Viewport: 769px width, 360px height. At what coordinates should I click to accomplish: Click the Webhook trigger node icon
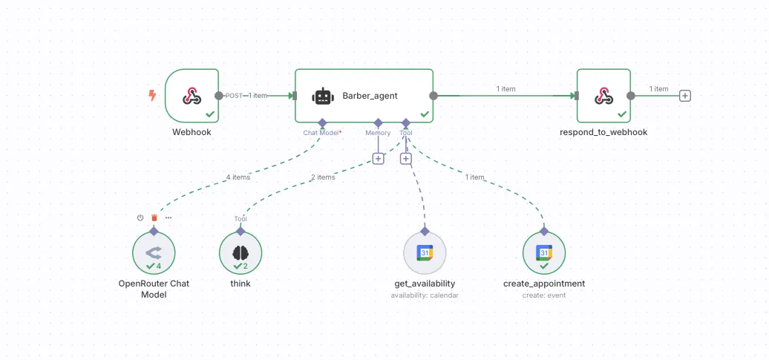point(192,96)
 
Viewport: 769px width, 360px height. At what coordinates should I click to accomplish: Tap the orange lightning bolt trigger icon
point(152,95)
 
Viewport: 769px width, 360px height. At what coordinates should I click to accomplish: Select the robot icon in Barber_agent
point(321,96)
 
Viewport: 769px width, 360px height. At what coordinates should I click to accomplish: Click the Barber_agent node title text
point(370,96)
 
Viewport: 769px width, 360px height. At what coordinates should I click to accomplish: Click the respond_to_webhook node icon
point(603,96)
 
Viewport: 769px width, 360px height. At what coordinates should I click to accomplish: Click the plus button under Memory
point(378,158)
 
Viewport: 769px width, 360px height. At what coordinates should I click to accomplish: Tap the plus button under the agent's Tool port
point(405,158)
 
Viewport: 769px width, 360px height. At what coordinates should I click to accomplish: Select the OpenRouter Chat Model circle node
point(154,253)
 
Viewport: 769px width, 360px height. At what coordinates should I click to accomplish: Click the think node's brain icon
point(240,252)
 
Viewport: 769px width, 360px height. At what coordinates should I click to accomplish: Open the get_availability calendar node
point(425,253)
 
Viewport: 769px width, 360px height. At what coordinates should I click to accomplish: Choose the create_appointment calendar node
point(544,253)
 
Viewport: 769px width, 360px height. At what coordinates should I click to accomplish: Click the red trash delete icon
point(154,217)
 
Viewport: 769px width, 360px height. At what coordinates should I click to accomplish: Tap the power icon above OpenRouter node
point(140,217)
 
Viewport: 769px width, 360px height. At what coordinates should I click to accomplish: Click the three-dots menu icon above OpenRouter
point(168,217)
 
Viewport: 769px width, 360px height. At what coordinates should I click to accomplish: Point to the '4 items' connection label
point(238,177)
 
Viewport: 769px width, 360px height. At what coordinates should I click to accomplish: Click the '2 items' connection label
point(323,177)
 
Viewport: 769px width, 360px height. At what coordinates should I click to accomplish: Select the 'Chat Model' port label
point(321,133)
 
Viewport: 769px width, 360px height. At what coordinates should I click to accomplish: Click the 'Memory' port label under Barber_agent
point(378,133)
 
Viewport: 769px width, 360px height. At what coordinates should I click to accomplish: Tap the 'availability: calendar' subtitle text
point(425,295)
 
